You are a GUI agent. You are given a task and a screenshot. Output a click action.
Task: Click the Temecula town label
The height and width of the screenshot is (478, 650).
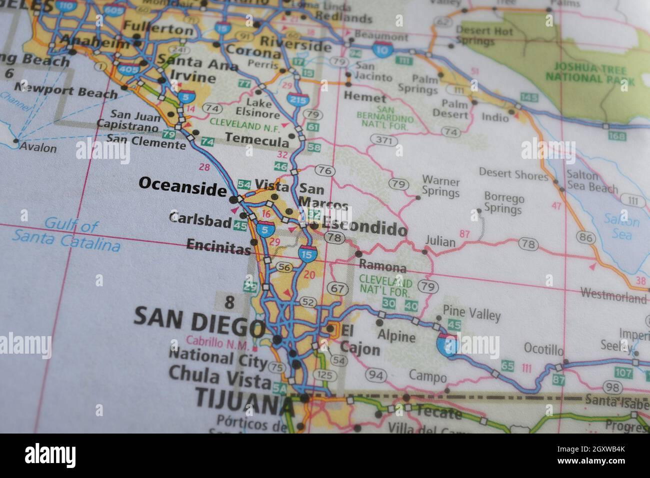pyautogui.click(x=256, y=139)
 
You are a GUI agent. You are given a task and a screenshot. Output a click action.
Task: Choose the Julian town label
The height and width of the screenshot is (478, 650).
pyautogui.click(x=440, y=242)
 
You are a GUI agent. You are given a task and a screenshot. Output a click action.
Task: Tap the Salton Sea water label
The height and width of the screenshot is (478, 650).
pyautogui.click(x=621, y=227)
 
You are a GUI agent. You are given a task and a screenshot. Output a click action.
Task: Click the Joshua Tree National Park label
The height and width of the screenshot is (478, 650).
pyautogui.click(x=590, y=72)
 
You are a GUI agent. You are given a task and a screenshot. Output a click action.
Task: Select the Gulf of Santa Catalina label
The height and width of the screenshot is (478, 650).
pyautogui.click(x=66, y=235)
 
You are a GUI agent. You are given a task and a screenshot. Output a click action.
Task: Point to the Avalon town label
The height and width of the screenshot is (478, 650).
pyautogui.click(x=39, y=148)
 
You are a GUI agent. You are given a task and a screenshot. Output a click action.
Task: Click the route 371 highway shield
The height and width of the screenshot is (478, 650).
pyautogui.click(x=383, y=140)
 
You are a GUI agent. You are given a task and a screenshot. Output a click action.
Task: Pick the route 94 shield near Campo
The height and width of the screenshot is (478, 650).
pyautogui.click(x=376, y=375)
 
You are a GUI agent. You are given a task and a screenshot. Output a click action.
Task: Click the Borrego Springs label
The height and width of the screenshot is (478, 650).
pyautogui.click(x=503, y=203)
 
